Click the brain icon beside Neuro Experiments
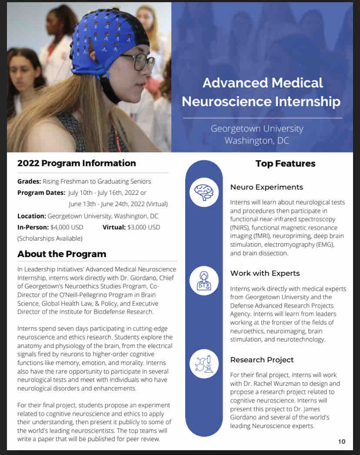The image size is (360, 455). tap(204, 192)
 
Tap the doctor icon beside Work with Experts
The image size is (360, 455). tap(204, 281)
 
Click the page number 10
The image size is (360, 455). tap(342, 442)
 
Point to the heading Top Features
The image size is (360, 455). tap(285, 164)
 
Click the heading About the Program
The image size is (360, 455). tap(62, 254)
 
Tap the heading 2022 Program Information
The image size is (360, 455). tap(77, 163)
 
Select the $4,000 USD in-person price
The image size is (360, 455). tap(67, 227)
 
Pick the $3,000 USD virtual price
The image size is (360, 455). tap(143, 227)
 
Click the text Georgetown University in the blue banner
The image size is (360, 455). tap(257, 129)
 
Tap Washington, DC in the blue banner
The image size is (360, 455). tap(257, 141)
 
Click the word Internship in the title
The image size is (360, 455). tap(307, 101)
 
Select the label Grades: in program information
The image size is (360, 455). tap(29, 181)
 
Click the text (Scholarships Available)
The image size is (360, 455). tap(50, 238)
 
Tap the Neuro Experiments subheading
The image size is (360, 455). tap(267, 187)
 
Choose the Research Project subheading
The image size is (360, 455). tap(262, 360)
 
